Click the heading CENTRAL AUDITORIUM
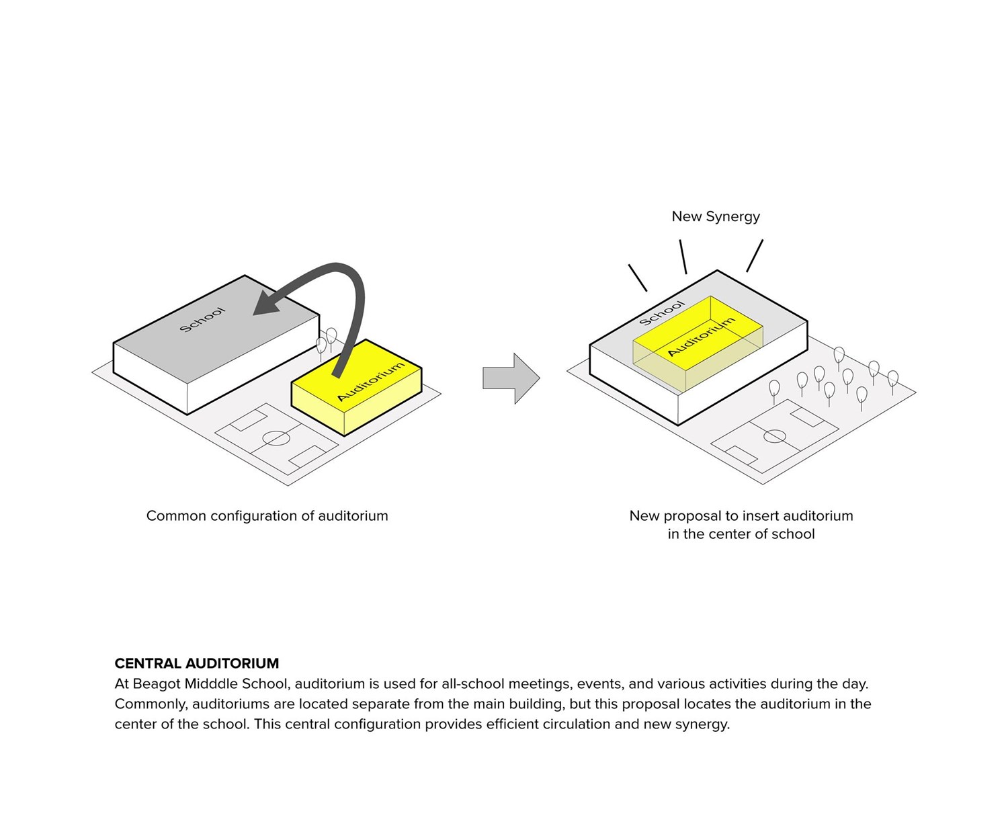196,663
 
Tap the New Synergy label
716,216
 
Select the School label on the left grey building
202,319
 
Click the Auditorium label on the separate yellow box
371,381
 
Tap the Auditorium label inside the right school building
701,337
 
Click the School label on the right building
661,313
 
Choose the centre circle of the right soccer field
775,437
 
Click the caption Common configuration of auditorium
267,516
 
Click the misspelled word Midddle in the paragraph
208,684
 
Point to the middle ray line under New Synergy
683,257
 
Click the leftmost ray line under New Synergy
638,278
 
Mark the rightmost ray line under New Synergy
755,256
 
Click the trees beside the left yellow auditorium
327,340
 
